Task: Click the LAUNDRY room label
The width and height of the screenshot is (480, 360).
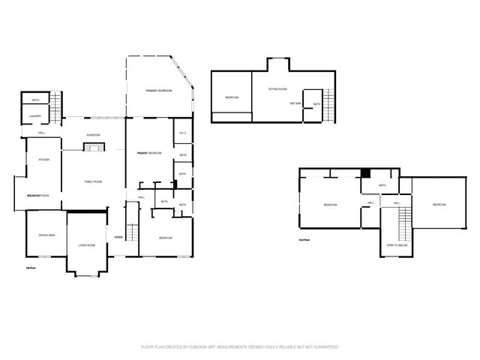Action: [35, 116]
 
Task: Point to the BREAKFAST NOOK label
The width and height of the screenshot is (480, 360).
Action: [38, 195]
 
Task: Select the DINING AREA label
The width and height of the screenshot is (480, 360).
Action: [47, 235]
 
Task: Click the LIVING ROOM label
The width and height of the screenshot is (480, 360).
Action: [87, 244]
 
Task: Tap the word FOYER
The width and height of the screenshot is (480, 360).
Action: [118, 237]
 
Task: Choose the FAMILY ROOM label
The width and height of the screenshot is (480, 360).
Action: [93, 182]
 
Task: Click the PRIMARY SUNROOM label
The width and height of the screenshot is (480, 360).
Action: [159, 90]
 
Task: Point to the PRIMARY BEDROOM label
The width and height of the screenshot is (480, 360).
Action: [149, 153]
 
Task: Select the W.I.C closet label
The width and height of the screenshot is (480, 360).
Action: [182, 134]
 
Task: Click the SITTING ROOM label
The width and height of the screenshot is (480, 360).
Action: [278, 89]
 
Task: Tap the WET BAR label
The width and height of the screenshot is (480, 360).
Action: [295, 103]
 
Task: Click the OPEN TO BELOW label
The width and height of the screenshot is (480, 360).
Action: [397, 245]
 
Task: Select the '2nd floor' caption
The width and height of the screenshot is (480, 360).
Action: [304, 240]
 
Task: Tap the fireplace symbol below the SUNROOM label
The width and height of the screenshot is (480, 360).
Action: [92, 147]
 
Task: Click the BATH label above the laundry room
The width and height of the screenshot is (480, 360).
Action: [35, 100]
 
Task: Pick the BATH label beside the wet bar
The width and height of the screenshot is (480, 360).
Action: [316, 104]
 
